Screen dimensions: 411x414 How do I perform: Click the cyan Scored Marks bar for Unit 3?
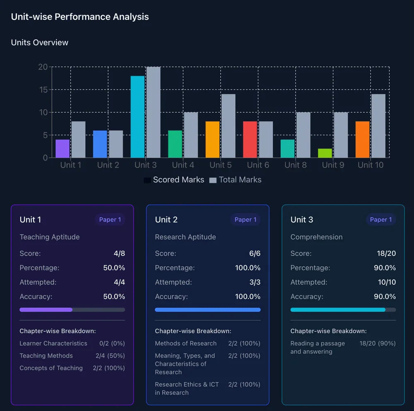pos(137,117)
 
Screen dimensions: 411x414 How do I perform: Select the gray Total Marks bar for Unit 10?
pos(378,126)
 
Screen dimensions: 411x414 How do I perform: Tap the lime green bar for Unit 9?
pos(325,153)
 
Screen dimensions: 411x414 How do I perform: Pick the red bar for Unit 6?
pos(250,139)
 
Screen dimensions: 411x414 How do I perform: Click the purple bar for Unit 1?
pos(63,149)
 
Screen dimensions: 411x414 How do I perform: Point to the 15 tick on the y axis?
pos(43,90)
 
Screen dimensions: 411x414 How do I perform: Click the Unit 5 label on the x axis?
pos(221,165)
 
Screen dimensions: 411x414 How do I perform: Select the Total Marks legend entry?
pos(236,180)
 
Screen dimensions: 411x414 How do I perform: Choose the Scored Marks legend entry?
pos(174,180)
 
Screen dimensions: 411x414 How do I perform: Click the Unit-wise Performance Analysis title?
pos(80,17)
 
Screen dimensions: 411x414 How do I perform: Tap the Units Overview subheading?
pos(40,43)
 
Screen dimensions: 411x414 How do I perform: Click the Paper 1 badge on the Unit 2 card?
pos(246,220)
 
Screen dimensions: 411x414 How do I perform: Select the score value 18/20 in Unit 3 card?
pos(385,253)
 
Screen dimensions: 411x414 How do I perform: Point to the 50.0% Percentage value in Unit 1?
pos(114,268)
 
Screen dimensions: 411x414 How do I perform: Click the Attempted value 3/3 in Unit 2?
pos(255,282)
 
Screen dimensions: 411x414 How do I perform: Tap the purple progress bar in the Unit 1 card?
pos(46,310)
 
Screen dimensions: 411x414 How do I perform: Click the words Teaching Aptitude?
pos(50,237)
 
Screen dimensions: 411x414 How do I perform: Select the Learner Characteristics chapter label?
pos(53,343)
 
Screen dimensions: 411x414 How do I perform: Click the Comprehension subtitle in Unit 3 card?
pos(316,237)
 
